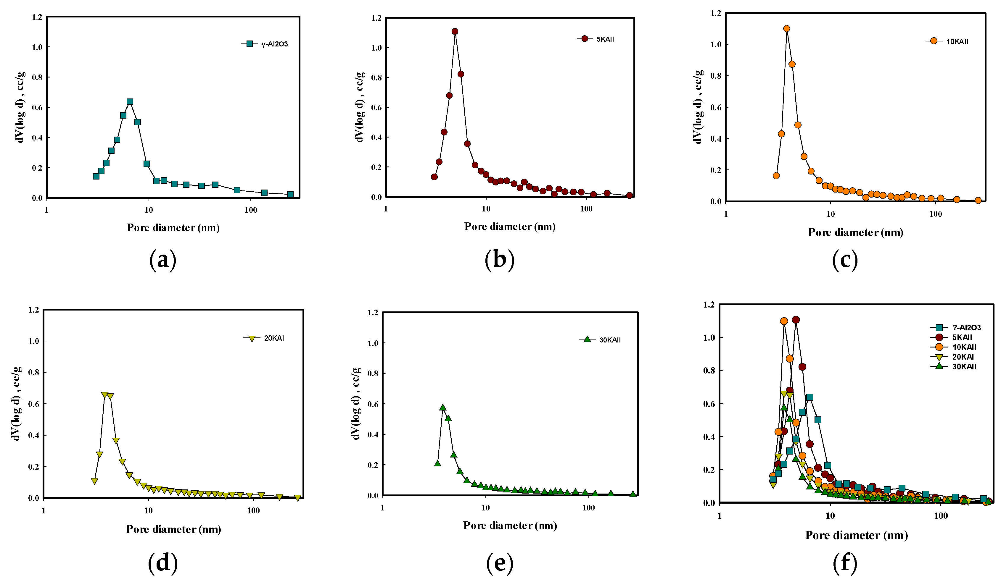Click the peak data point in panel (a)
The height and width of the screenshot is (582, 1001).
(130, 102)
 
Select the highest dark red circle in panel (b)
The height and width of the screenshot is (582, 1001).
(455, 31)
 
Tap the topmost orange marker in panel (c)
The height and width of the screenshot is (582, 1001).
(786, 29)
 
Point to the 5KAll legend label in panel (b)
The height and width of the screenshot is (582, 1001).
(605, 39)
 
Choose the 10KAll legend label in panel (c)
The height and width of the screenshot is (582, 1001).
(957, 41)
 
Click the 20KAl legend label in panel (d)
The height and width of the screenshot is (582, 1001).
(274, 338)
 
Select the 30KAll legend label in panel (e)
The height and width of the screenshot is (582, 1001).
(610, 340)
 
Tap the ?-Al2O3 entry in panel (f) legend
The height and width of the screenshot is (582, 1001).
(966, 328)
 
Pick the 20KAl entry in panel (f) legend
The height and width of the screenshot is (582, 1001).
(963, 357)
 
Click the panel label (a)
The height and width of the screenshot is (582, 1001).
(163, 261)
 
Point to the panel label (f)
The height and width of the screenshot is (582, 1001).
(845, 563)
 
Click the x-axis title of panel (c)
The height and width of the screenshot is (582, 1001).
(856, 232)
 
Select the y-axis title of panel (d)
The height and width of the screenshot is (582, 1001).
(16, 403)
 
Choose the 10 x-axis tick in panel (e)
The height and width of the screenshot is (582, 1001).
(485, 508)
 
